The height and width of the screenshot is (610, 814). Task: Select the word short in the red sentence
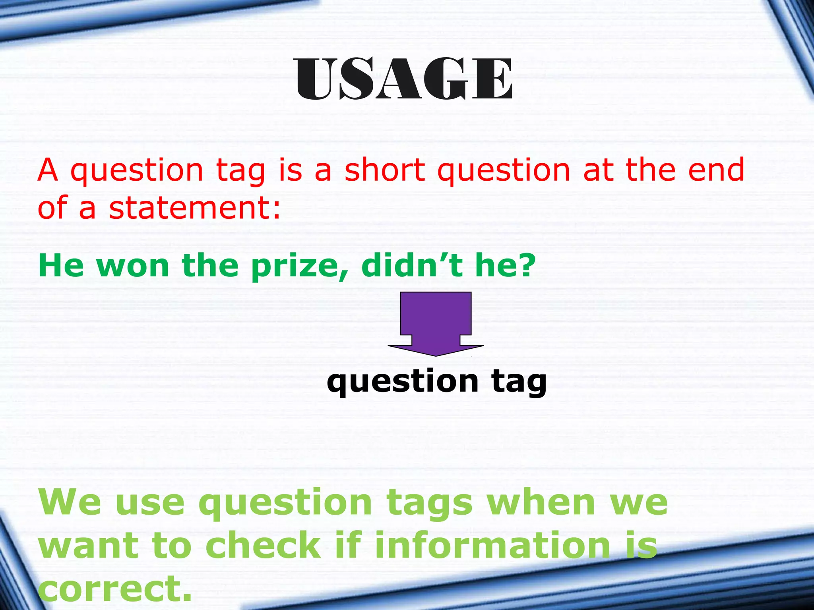coord(385,170)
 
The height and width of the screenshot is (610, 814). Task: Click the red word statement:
coord(195,208)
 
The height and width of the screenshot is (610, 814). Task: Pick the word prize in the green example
coord(294,266)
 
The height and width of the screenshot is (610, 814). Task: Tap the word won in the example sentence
coord(133,266)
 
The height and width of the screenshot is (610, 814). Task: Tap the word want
coord(89,546)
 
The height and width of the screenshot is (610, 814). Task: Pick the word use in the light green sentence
coord(150,503)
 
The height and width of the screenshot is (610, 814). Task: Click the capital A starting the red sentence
coord(48,170)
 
